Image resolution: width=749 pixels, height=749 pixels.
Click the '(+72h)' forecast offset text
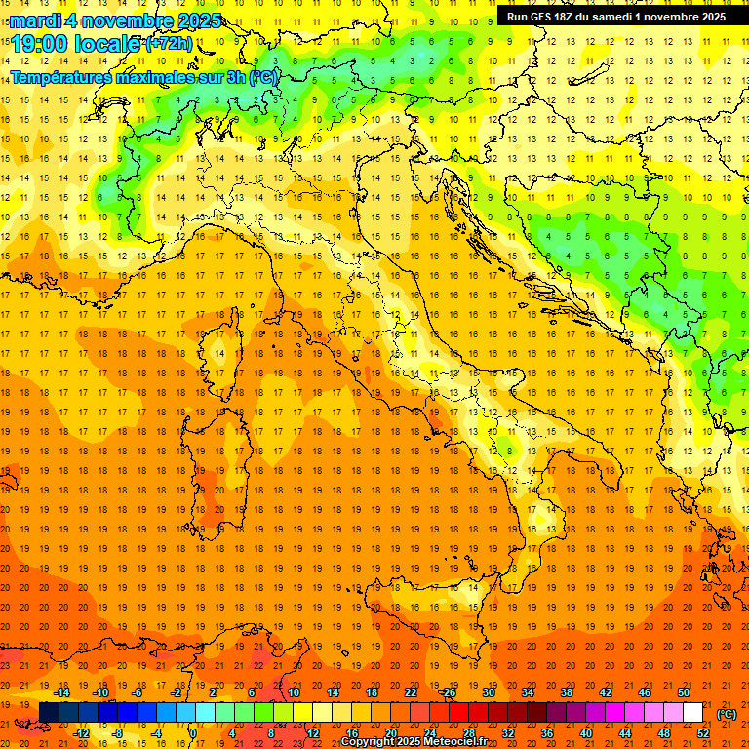pyautogui.click(x=169, y=44)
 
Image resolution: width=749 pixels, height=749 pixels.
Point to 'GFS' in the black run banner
pyautogui.click(x=544, y=16)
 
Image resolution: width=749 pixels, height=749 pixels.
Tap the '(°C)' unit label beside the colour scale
pyautogui.click(x=727, y=714)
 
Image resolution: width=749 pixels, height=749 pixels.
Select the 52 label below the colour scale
pyautogui.click(x=703, y=733)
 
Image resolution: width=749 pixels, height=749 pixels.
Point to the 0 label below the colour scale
pyautogui.click(x=194, y=733)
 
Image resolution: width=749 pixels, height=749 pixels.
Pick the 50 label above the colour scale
pyautogui.click(x=683, y=692)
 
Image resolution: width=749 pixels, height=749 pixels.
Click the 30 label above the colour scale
pyautogui.click(x=488, y=692)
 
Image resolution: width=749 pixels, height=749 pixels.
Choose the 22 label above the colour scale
pyautogui.click(x=410, y=692)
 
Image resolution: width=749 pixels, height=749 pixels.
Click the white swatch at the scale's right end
pyautogui.click(x=692, y=713)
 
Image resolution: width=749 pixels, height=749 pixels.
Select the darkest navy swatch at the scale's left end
pyautogui.click(x=49, y=713)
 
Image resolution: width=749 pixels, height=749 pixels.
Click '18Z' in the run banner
pyautogui.click(x=570, y=16)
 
